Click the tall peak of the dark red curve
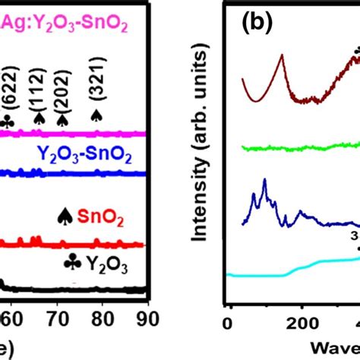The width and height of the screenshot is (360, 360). pyautogui.click(x=282, y=55)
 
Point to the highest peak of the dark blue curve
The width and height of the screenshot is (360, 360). pyautogui.click(x=264, y=180)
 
